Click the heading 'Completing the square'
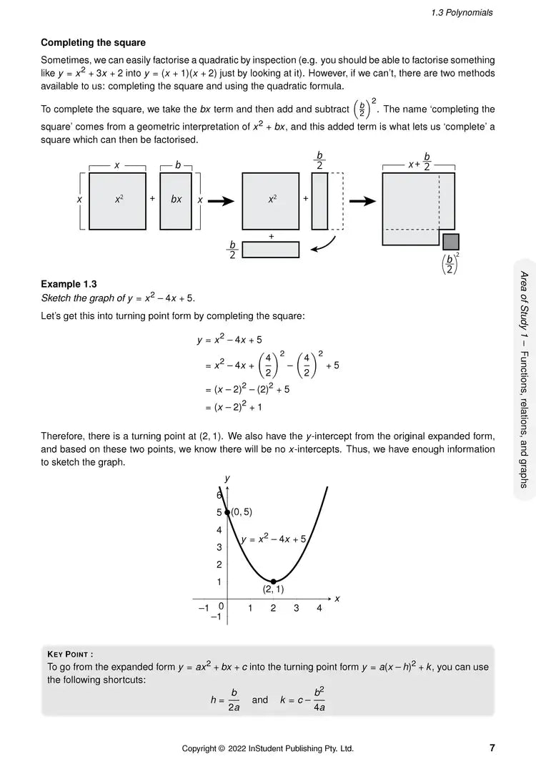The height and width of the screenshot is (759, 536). tap(93, 43)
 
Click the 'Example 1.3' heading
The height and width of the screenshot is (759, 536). tap(69, 284)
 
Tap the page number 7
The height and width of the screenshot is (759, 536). tap(492, 748)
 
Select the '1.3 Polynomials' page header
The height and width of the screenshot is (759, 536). tap(462, 12)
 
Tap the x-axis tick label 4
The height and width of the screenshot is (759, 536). tap(319, 608)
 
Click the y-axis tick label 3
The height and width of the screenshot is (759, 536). tap(219, 547)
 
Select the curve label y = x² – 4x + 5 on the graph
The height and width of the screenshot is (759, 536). tap(274, 539)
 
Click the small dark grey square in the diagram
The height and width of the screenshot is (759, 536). tap(450, 241)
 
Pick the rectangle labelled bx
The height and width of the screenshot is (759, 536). tap(176, 200)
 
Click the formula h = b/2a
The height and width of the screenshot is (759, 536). tap(225, 700)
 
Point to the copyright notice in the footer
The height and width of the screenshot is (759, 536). tap(267, 748)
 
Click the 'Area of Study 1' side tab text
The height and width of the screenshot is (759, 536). tap(523, 379)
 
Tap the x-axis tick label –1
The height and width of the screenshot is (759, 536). tap(202, 608)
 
